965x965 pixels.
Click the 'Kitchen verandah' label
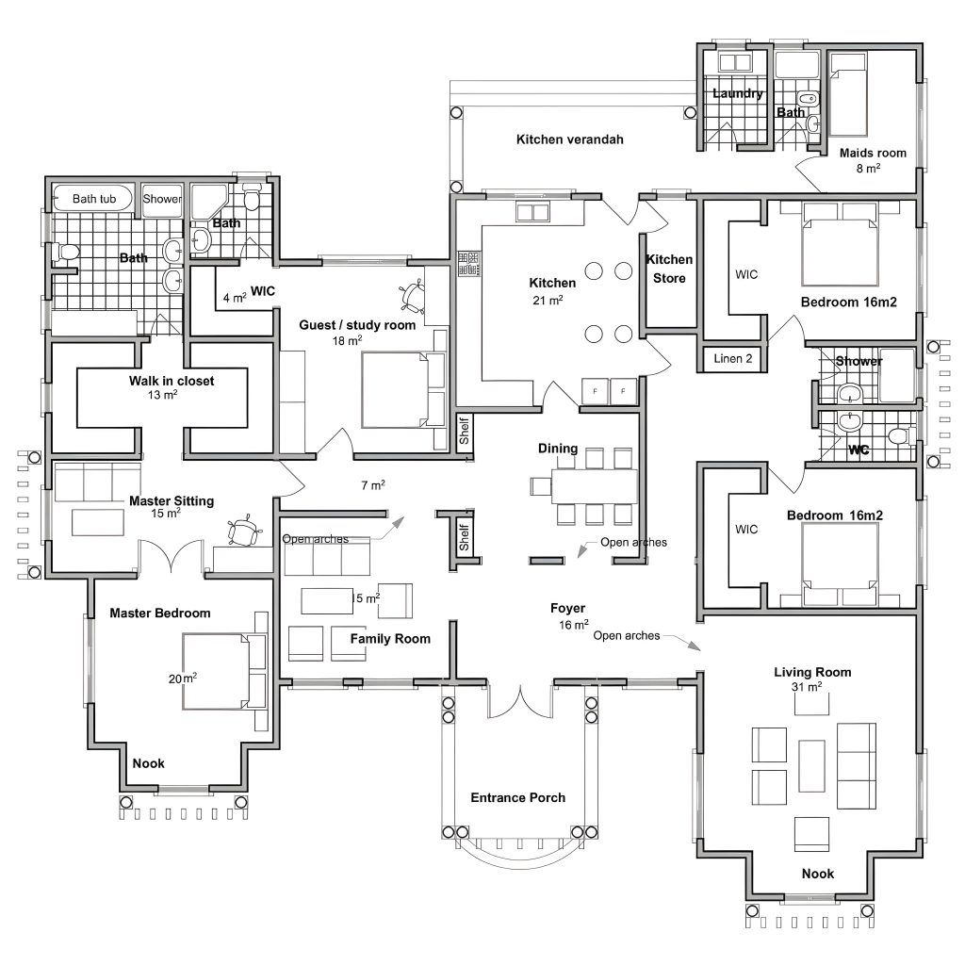[x=569, y=139]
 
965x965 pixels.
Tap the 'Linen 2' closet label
[x=733, y=359]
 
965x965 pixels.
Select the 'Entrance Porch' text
[x=517, y=797]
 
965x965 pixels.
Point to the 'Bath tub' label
[x=93, y=199]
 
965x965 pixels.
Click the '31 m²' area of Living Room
[x=807, y=686]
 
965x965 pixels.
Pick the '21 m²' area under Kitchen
[x=548, y=301]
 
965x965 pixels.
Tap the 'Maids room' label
[x=873, y=154]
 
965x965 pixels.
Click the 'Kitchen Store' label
[x=669, y=269]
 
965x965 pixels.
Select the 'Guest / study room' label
[x=357, y=325]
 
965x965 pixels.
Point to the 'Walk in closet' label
[x=172, y=381]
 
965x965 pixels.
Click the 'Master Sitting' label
[x=172, y=501]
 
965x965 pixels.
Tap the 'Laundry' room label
[x=737, y=93]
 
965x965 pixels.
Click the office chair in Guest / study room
[x=412, y=295]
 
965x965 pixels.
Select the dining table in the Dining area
[x=594, y=486]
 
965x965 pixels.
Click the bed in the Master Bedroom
[x=224, y=671]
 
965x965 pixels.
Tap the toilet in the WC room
[x=899, y=436]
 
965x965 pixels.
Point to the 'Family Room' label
[x=390, y=639]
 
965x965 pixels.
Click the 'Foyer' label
[x=567, y=609]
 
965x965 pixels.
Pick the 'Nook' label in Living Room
[x=817, y=874]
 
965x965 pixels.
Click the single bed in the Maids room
[x=848, y=94]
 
